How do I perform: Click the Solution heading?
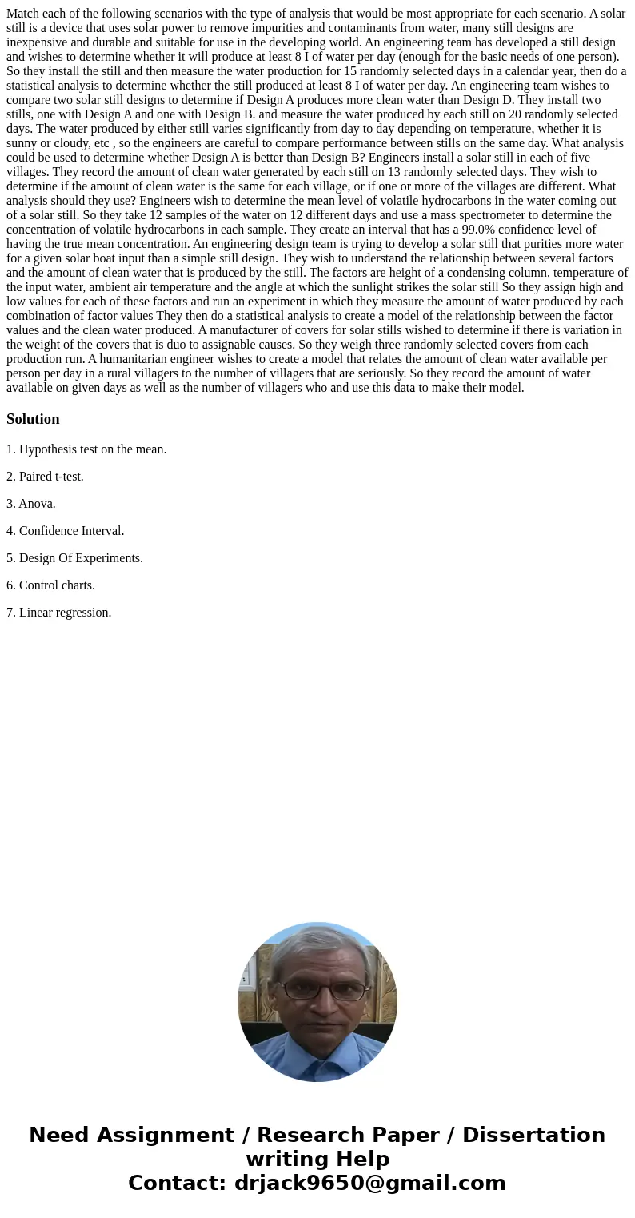[33, 419]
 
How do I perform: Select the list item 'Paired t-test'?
[51, 477]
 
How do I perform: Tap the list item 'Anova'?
[37, 504]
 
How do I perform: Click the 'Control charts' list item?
[57, 585]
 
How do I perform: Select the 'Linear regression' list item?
[65, 613]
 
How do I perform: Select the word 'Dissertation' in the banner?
[533, 1135]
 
